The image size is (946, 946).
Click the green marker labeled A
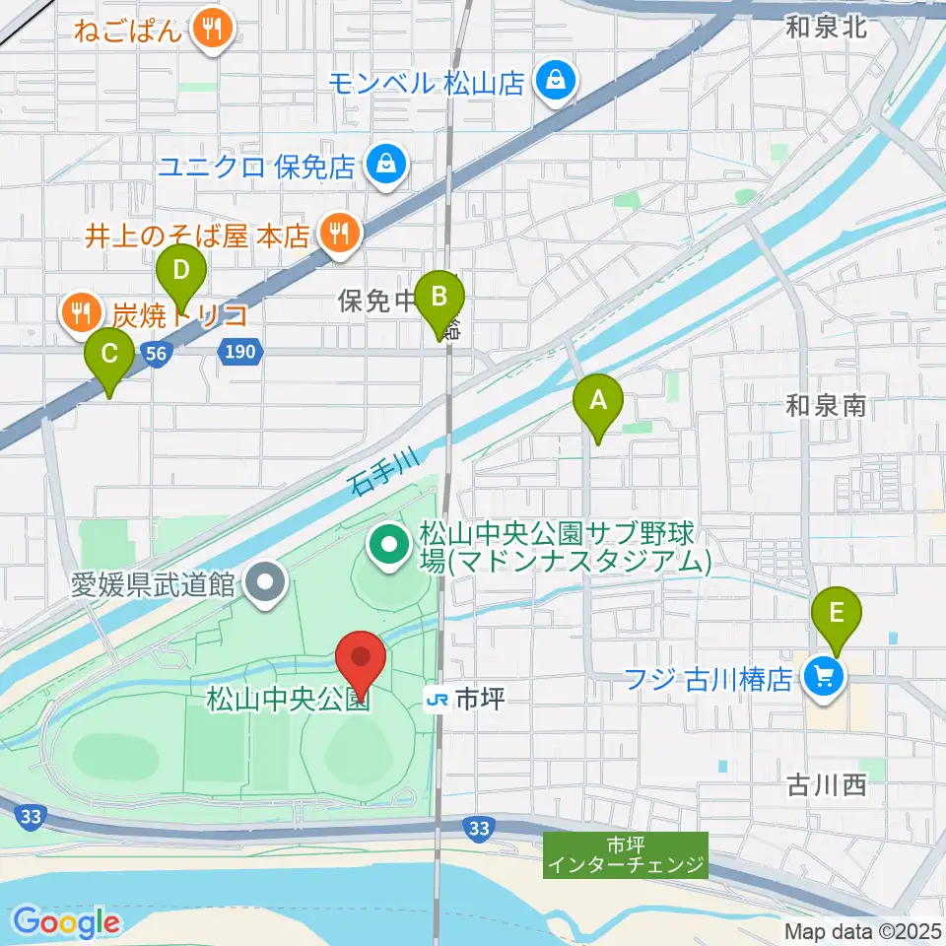597,400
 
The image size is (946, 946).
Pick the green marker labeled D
180,269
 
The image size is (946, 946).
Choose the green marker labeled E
837,614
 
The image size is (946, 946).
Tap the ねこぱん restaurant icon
212,29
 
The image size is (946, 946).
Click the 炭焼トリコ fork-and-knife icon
78,314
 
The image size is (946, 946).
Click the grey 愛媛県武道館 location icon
265,583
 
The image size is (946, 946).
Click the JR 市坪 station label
466,701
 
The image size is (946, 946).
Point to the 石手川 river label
385,470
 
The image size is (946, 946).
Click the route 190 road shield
241,351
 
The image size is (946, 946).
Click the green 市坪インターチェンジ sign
626,854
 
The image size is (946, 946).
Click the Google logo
66,923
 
